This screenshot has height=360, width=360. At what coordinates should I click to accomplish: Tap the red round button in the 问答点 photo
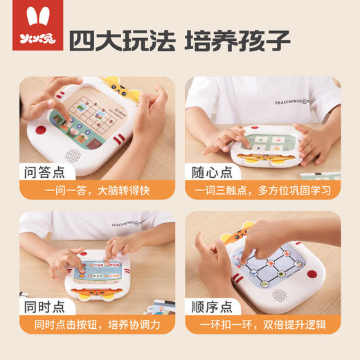click(x=41, y=130)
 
